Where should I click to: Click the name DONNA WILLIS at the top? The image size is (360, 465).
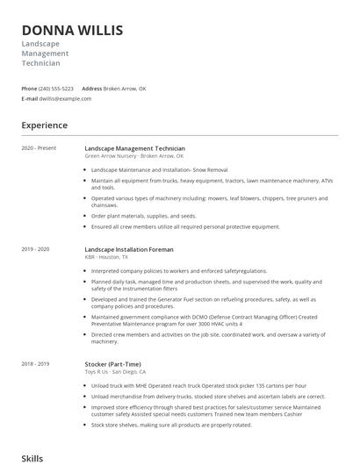pyautogui.click(x=72, y=31)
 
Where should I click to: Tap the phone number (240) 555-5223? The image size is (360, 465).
pyautogui.click(x=56, y=89)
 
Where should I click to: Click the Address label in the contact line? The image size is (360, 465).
pyautogui.click(x=91, y=89)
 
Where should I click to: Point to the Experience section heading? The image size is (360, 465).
pyautogui.click(x=45, y=125)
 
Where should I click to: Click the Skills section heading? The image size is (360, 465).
pyautogui.click(x=32, y=458)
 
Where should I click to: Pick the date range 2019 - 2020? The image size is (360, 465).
pyautogui.click(x=35, y=249)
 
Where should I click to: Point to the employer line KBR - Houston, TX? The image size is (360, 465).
pyautogui.click(x=106, y=257)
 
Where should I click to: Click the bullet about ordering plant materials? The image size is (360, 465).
pyautogui.click(x=143, y=215)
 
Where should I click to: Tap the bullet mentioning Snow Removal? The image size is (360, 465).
pyautogui.click(x=148, y=168)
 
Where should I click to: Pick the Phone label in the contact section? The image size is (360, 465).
pyautogui.click(x=29, y=89)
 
